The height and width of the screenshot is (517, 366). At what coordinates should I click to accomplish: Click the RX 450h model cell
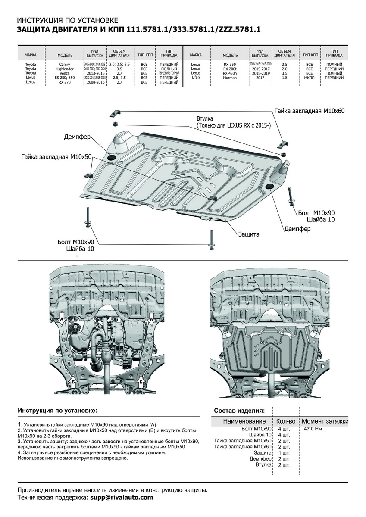[x=230, y=73]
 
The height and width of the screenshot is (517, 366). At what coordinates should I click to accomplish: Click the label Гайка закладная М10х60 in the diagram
[x=310, y=111]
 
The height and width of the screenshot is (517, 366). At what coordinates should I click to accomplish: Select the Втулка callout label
[x=205, y=118]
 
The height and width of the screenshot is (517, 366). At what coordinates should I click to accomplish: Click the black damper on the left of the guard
[x=109, y=157]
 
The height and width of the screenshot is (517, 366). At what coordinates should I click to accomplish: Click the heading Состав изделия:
[x=239, y=411]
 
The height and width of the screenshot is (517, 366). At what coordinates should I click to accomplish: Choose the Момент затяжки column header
[x=325, y=421]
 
